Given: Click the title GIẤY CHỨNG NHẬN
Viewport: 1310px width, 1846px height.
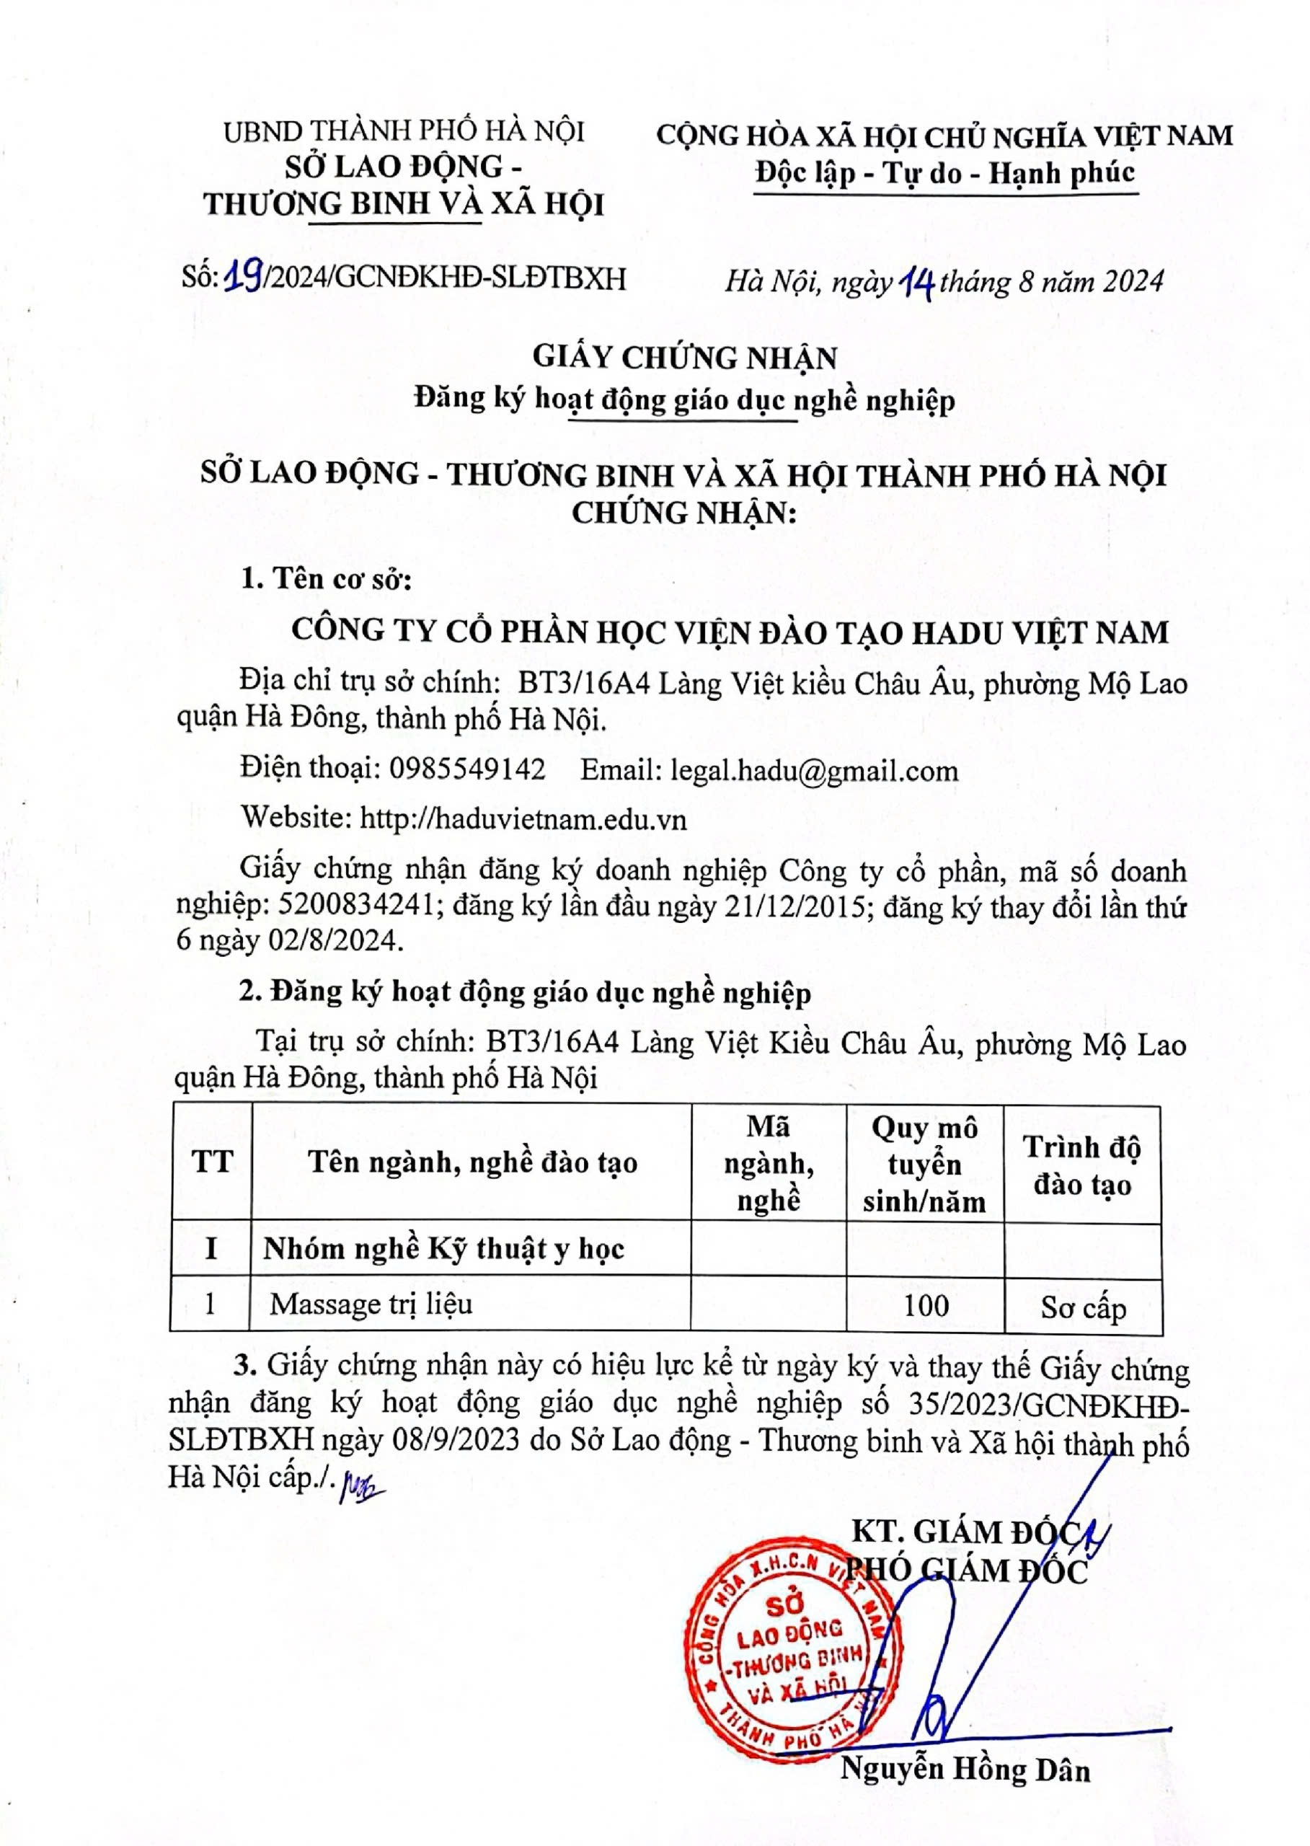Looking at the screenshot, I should (683, 357).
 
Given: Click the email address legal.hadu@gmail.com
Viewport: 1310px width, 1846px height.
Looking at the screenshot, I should (815, 771).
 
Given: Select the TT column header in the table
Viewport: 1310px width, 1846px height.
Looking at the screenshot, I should (211, 1162).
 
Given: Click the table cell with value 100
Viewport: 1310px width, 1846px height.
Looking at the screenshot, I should (925, 1304).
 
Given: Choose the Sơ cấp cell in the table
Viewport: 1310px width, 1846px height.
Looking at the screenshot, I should (1082, 1307).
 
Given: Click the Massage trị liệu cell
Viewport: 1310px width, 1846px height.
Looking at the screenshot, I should (371, 1304).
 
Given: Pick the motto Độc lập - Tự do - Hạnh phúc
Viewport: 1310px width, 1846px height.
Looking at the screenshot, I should (945, 172).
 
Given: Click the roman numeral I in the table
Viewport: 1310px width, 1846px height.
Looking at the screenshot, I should (211, 1248).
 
